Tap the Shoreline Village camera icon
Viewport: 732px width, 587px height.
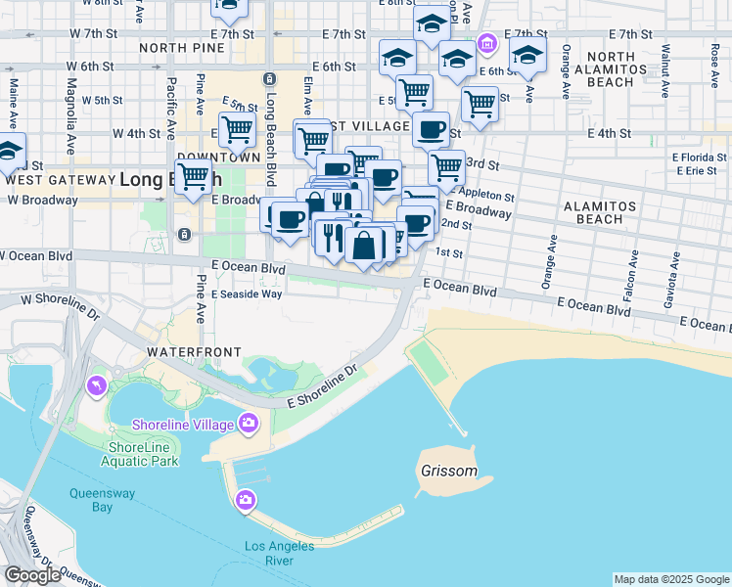pyautogui.click(x=248, y=424)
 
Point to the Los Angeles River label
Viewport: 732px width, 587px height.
pyautogui.click(x=280, y=553)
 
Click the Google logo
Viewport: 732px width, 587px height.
pyautogui.click(x=32, y=575)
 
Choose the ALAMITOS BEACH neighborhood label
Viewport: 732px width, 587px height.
pyautogui.click(x=600, y=212)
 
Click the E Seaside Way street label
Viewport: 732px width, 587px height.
pyautogui.click(x=247, y=293)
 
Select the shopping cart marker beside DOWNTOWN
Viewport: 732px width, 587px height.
pyautogui.click(x=237, y=128)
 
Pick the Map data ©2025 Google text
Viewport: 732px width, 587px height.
pyautogui.click(x=671, y=579)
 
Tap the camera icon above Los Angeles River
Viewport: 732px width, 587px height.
pyautogui.click(x=246, y=501)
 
